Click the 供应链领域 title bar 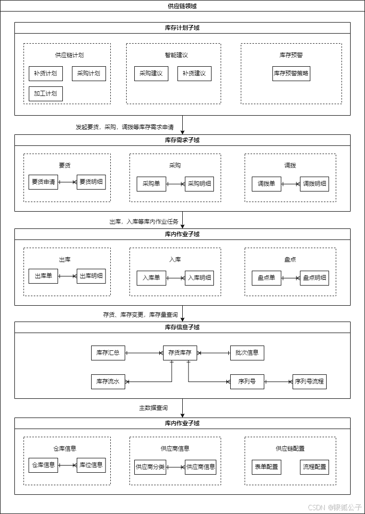182,6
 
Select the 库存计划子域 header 182,28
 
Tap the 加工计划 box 46,94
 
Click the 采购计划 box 89,73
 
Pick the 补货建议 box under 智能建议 194,73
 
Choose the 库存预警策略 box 291,73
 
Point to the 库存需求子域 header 182,140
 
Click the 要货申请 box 43,182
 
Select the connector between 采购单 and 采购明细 176,184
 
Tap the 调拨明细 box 315,184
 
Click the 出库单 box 43,276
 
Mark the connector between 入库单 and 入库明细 176,278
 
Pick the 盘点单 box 266,278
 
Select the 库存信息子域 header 182,327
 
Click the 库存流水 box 108,382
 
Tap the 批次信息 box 247,353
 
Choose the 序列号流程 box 309,382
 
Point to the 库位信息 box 91,465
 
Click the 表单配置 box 266,467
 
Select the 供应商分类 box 150,467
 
